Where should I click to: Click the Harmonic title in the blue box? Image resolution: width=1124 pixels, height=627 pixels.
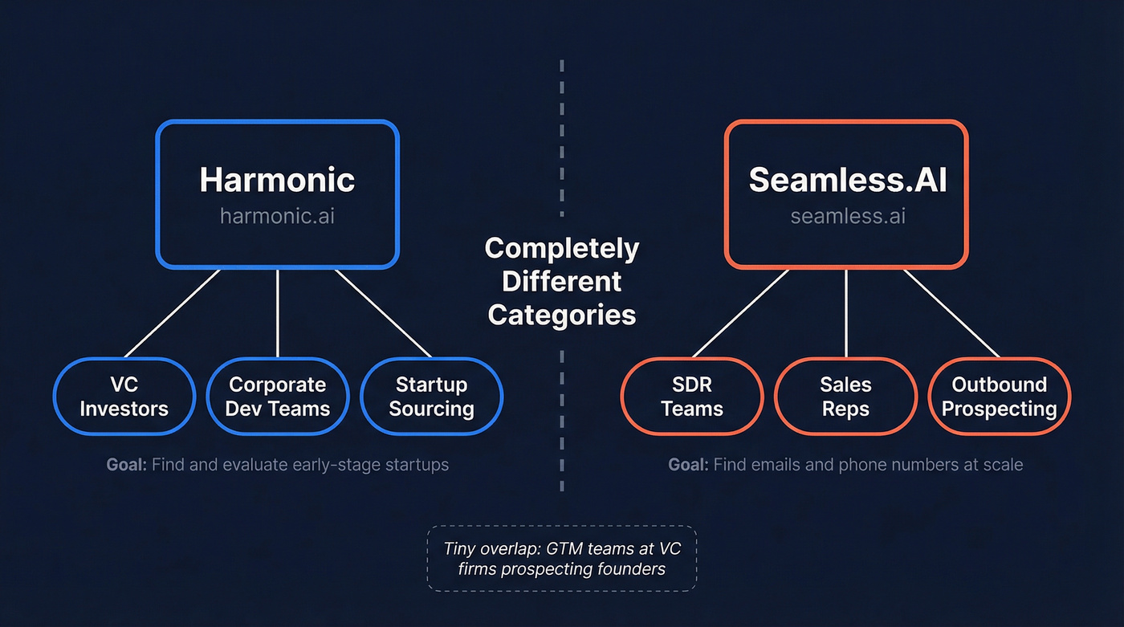(x=277, y=179)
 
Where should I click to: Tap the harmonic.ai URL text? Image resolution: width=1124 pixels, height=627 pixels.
(x=277, y=217)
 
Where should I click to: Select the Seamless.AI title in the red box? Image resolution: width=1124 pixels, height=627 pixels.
(x=847, y=179)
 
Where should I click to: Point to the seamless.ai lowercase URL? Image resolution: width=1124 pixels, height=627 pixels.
(x=847, y=217)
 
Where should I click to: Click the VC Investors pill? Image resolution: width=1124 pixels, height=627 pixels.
(x=124, y=397)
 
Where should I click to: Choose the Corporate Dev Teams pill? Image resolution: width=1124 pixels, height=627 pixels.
(x=278, y=397)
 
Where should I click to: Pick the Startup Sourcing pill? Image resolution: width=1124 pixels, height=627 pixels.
(x=431, y=397)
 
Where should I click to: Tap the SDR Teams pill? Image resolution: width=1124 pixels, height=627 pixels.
(x=692, y=397)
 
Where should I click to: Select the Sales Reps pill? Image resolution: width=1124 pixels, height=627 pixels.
(x=845, y=397)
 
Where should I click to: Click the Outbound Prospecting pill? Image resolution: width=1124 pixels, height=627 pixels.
(x=999, y=397)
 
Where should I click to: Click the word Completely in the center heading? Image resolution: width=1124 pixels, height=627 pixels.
(x=562, y=248)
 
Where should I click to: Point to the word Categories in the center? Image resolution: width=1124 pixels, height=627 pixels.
(x=562, y=315)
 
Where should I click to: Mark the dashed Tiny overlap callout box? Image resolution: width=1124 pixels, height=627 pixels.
(x=561, y=558)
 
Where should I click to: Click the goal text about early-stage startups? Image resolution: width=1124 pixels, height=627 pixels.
(x=277, y=464)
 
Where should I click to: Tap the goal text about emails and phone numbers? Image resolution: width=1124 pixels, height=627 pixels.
(x=845, y=464)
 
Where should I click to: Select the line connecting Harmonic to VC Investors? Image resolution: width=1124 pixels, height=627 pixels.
(x=173, y=312)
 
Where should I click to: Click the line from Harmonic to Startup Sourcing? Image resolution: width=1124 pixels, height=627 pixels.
(x=383, y=312)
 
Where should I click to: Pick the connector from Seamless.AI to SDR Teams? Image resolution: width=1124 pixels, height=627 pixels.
(x=740, y=312)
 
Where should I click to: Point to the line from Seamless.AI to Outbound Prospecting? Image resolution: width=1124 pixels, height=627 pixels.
(x=951, y=312)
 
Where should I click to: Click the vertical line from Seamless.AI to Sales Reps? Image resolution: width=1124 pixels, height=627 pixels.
(x=846, y=313)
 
